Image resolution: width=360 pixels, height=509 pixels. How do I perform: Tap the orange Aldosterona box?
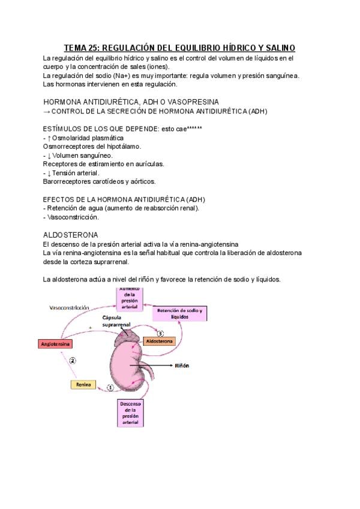click(x=159, y=341)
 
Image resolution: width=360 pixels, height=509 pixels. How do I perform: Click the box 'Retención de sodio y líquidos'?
click(x=180, y=313)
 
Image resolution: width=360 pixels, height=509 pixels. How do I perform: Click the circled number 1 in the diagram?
click(x=110, y=388)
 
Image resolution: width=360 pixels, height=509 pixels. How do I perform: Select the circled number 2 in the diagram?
click(x=73, y=361)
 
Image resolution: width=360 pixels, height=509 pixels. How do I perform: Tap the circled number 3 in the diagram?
click(x=160, y=333)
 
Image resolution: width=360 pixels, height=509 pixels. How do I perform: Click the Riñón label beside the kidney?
click(x=182, y=365)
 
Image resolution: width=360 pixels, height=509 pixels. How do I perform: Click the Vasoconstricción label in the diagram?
click(x=70, y=307)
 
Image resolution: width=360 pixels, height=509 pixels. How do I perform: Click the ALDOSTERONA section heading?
click(x=71, y=234)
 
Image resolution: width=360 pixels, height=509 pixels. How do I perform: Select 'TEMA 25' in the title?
click(x=84, y=47)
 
